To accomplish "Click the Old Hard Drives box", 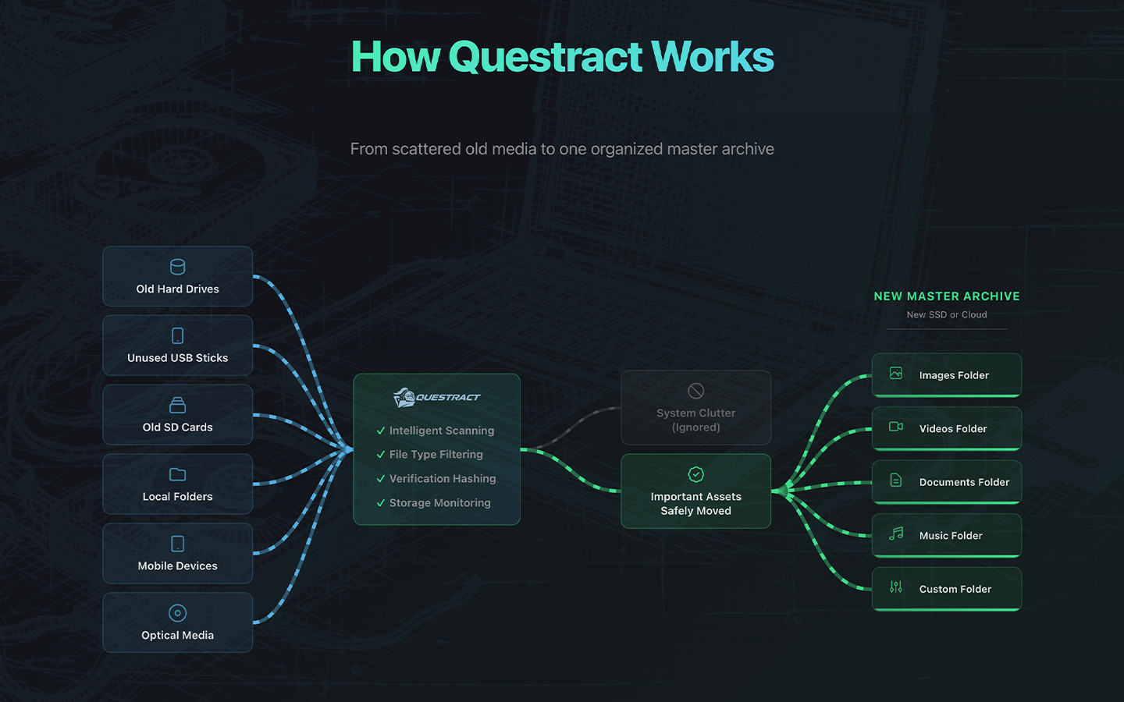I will click(x=177, y=277).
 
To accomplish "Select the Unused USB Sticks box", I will click(x=177, y=346).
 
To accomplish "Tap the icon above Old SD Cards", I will click(x=177, y=405).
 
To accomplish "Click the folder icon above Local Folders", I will click(x=177, y=474).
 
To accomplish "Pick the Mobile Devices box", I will click(x=177, y=554).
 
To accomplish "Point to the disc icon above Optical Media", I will click(x=177, y=613).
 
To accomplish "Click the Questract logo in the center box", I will click(x=436, y=398).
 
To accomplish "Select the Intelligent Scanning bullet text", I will click(x=441, y=431).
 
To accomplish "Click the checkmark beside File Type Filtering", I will click(x=381, y=455).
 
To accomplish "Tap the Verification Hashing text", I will click(x=442, y=479).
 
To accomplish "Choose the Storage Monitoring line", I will click(x=439, y=503).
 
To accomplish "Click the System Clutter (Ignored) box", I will click(x=695, y=408).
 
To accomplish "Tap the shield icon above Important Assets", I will click(x=695, y=474).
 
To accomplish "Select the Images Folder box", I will click(x=946, y=375).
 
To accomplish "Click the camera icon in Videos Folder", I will click(x=896, y=427).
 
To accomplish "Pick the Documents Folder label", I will click(x=964, y=482).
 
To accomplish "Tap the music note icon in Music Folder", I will click(x=896, y=534).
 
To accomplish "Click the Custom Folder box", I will click(x=946, y=589).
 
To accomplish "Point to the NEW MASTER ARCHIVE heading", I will click(x=946, y=296).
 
